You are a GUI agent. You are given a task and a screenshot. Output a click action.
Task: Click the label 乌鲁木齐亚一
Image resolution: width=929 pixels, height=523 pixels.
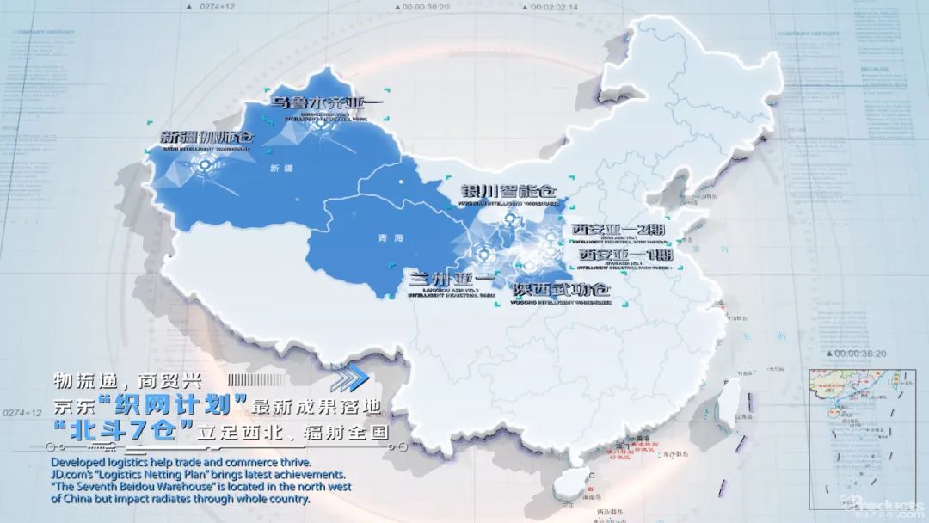click(327, 102)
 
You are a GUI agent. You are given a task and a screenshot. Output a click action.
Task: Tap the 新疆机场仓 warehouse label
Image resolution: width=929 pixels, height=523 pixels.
click(208, 137)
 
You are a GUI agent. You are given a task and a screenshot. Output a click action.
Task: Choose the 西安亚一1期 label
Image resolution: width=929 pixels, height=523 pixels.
click(624, 255)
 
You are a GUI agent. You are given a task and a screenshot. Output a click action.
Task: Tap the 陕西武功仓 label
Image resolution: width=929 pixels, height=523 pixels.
click(560, 289)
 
